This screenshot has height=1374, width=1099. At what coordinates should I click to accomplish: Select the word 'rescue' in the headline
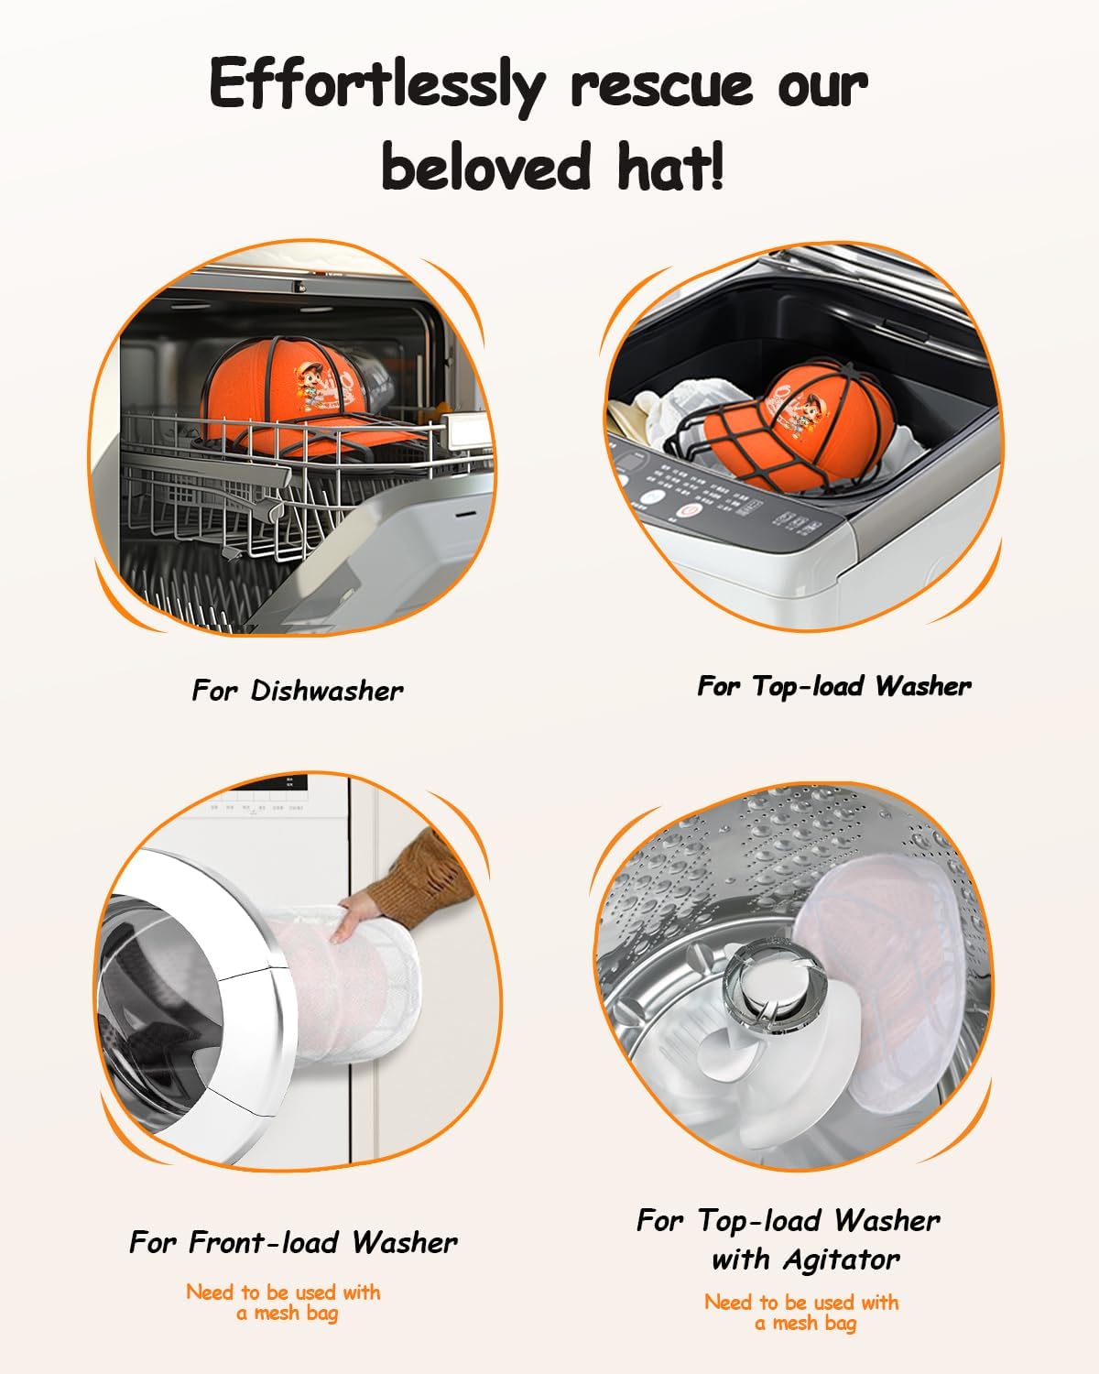[662, 84]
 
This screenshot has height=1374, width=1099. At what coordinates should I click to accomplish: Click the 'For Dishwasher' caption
[298, 691]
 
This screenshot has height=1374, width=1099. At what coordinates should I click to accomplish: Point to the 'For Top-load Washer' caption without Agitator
[834, 686]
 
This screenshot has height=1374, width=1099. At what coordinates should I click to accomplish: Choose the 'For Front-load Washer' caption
[293, 1243]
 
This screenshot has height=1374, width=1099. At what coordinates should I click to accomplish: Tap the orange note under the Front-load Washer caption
[284, 1303]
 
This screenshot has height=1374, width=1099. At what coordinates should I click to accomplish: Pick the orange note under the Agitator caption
[802, 1313]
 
